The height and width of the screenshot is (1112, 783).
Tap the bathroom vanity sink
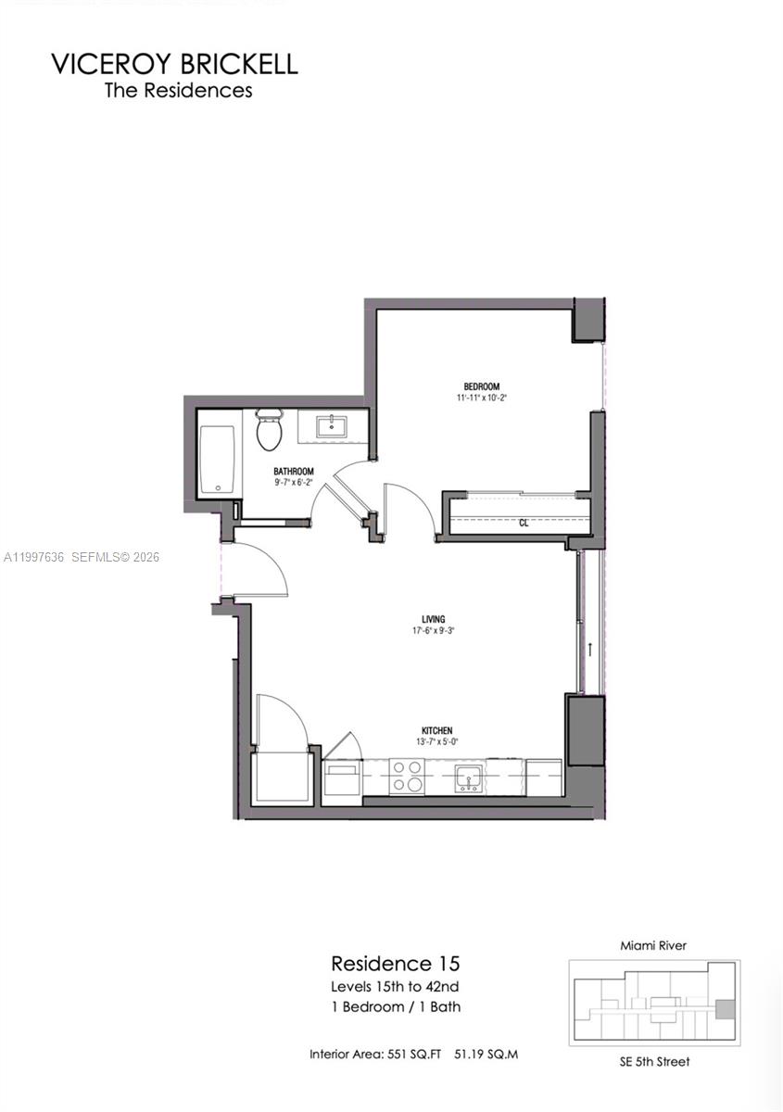coord(331,426)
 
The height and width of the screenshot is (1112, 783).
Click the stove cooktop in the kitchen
coord(406,776)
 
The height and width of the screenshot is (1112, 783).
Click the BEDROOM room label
coord(482,386)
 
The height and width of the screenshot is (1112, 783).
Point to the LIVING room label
coord(434,619)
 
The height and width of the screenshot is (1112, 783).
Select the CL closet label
coord(524,523)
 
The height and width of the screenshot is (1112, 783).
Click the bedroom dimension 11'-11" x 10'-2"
coord(482,398)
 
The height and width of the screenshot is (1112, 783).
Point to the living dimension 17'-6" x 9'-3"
coord(434,630)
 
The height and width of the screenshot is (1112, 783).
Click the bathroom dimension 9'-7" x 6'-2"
coord(294,482)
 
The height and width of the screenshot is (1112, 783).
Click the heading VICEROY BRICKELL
coord(174,64)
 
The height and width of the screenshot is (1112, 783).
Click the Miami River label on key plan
coord(654,945)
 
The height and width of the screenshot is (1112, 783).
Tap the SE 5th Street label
coord(654,1061)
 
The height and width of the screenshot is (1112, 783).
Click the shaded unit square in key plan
coord(726,1008)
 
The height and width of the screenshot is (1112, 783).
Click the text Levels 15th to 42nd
coord(396,986)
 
